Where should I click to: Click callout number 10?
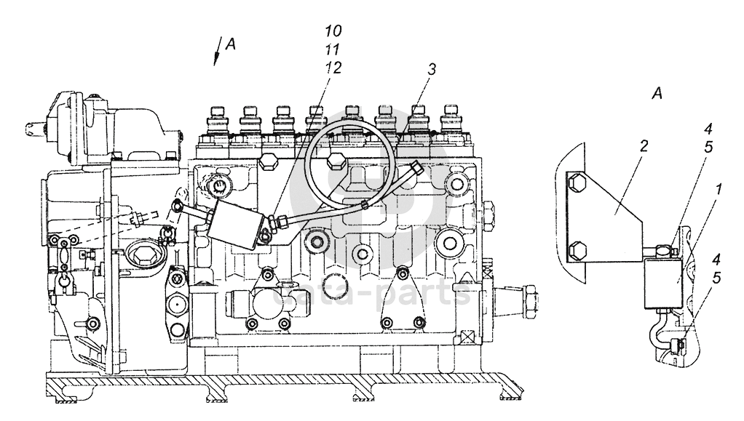click(x=333, y=31)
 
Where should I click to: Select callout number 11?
click(x=333, y=49)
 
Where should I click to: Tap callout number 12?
click(x=333, y=68)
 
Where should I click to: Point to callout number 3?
click(x=431, y=69)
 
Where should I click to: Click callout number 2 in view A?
click(x=643, y=145)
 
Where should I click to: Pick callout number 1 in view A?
click(x=719, y=190)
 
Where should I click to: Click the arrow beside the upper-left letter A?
click(x=218, y=52)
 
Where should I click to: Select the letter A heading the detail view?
click(x=657, y=93)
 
